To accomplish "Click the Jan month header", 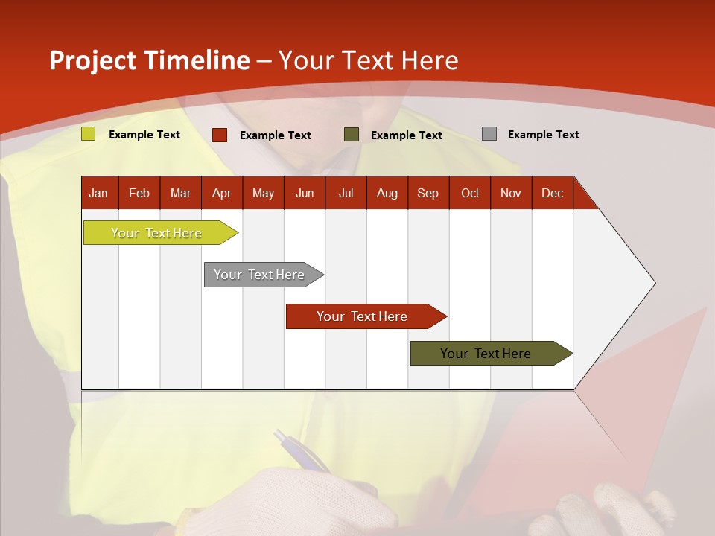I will click(x=98, y=193).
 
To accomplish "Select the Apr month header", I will click(x=221, y=193).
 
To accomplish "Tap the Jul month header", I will click(x=346, y=193).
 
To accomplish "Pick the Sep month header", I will click(x=428, y=193).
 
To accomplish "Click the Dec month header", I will click(x=552, y=193).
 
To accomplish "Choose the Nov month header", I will click(x=510, y=193).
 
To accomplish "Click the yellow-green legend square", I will click(x=89, y=134).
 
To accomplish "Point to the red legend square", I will click(x=220, y=135).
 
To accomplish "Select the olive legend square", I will click(x=352, y=135).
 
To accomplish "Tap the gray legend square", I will click(x=489, y=134).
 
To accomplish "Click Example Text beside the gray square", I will click(x=543, y=135).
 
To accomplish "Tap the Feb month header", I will click(x=139, y=193).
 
